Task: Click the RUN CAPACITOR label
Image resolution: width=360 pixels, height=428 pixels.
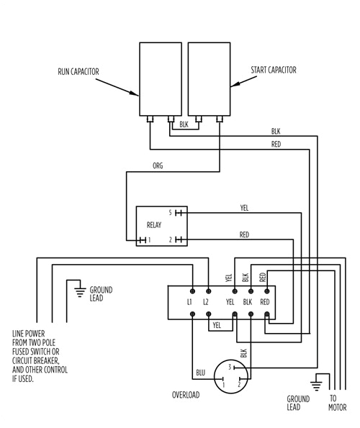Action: coord(78,71)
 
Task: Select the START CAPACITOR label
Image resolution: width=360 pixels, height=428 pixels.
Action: coord(273,70)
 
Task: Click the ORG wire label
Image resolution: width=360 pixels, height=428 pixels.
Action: coord(158,165)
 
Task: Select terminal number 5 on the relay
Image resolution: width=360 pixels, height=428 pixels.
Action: coord(171,213)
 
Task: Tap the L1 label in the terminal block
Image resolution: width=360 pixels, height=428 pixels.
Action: coord(189,301)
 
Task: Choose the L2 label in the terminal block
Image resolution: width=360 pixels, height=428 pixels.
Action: coord(206,301)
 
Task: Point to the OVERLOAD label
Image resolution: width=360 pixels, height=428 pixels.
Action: coord(185,395)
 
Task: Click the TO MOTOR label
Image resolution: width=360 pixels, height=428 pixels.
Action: coord(334,403)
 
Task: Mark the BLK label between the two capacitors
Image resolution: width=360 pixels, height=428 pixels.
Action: coord(184,124)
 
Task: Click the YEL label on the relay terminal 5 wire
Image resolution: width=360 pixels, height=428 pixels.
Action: coord(244,208)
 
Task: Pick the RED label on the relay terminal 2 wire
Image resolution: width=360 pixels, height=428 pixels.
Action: coord(244,235)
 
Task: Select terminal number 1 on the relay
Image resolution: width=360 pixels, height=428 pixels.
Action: coord(149,240)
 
